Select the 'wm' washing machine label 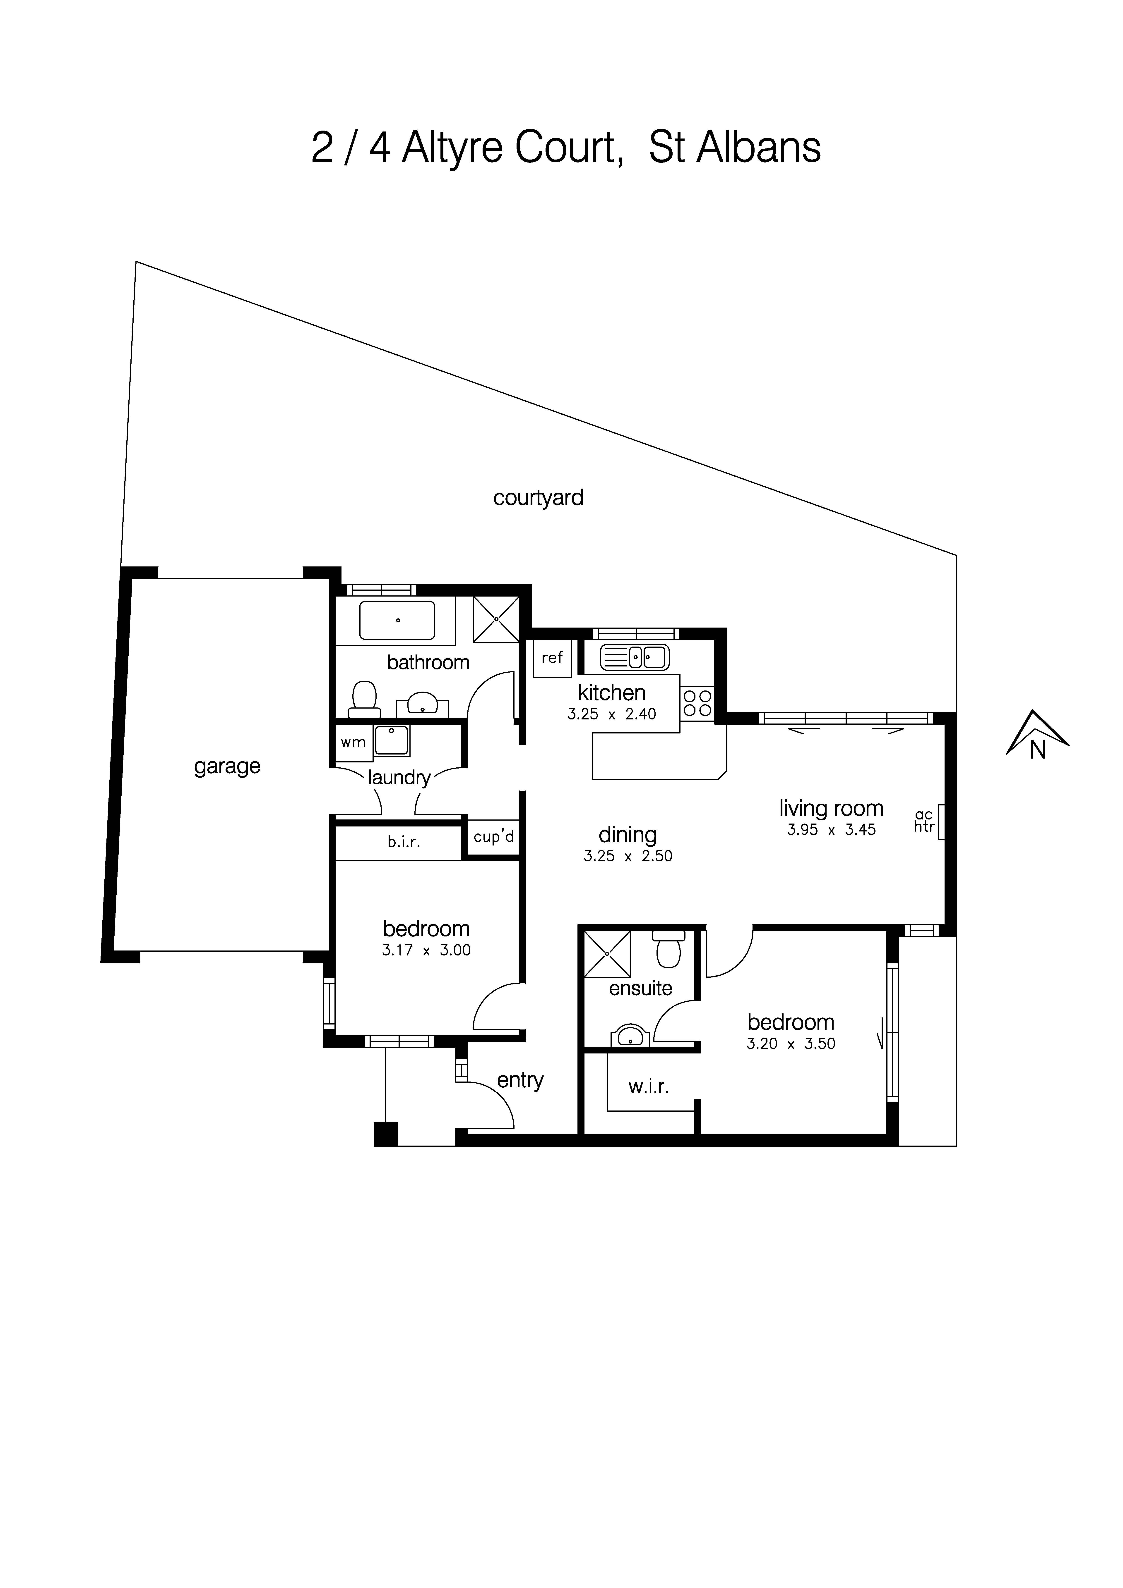[x=353, y=743]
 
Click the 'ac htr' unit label [x=924, y=821]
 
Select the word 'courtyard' [x=538, y=498]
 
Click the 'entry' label [x=520, y=1080]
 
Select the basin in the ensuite [x=630, y=1035]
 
